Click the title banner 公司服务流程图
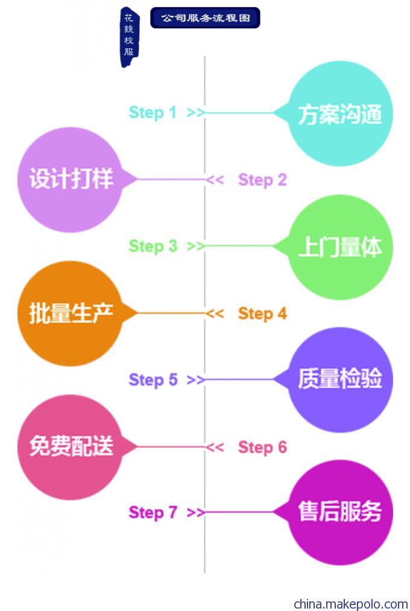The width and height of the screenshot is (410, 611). (x=205, y=17)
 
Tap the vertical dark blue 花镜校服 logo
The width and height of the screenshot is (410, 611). (x=129, y=37)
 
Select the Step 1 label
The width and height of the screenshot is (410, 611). (x=153, y=113)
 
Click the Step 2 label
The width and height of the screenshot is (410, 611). (x=262, y=180)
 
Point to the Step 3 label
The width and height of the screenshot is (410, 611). (x=153, y=246)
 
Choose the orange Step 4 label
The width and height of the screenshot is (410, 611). (x=262, y=313)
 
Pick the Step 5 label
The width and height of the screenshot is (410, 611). (x=153, y=380)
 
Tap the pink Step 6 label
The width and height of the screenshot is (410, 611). (x=262, y=447)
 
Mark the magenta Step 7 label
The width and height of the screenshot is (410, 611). (x=153, y=512)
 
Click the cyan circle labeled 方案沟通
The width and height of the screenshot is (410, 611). (x=340, y=113)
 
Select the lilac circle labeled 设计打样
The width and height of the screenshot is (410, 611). (x=71, y=180)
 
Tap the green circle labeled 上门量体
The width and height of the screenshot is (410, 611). (x=340, y=247)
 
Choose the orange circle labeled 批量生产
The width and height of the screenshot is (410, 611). (x=71, y=313)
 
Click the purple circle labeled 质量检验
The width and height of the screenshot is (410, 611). (x=340, y=380)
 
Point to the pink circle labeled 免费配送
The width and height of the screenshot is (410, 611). (x=71, y=447)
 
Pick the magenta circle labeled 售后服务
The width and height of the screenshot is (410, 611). (x=340, y=512)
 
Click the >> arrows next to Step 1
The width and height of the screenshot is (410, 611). (x=195, y=113)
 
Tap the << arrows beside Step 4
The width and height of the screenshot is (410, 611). (x=215, y=313)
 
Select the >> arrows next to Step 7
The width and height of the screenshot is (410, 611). (x=195, y=512)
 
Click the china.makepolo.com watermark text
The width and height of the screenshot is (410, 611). (x=351, y=604)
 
